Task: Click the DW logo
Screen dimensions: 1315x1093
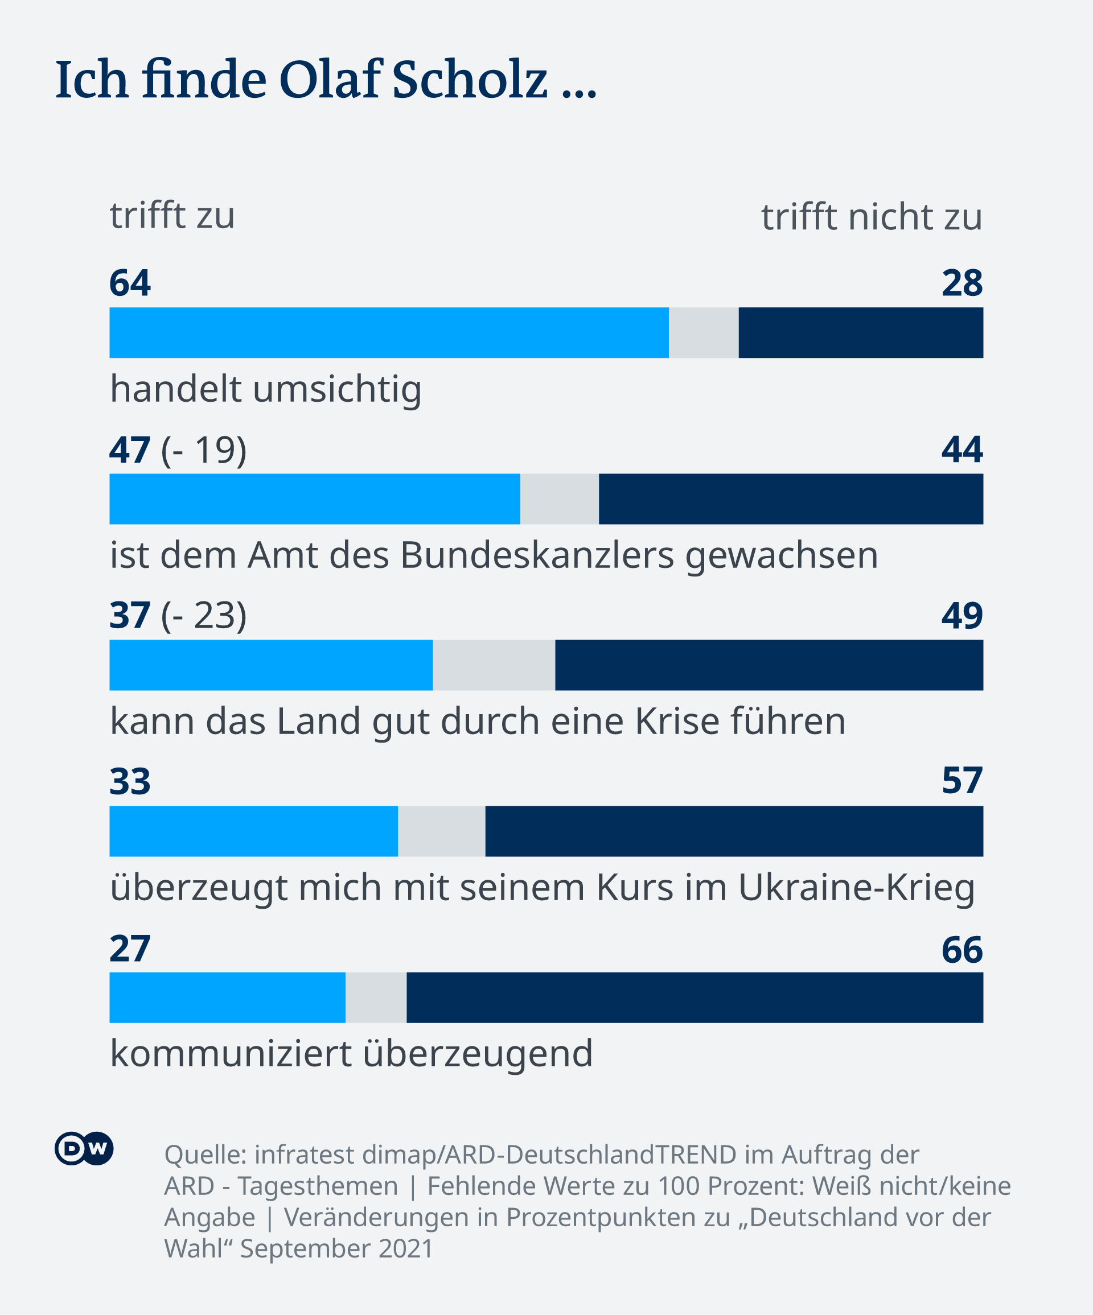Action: coord(84,1148)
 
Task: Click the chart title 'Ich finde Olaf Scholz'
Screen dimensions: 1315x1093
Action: coord(326,80)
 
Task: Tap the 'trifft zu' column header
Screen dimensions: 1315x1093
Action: coord(172,216)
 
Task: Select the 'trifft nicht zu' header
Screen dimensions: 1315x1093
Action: coord(871,217)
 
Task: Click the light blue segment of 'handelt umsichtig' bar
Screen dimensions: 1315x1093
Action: coord(388,332)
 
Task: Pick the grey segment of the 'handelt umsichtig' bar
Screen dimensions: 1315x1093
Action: coord(704,332)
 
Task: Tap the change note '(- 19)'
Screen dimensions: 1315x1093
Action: coord(204,450)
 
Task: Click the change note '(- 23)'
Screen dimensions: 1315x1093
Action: coord(204,616)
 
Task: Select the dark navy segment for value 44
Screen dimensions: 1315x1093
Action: coord(791,499)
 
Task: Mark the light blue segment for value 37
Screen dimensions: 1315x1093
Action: coord(270,665)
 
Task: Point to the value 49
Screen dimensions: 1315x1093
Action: coord(962,616)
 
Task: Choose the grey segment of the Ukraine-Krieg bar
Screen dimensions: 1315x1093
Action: coord(441,831)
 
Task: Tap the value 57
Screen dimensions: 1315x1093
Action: coord(962,781)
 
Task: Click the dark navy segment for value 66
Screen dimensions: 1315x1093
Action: coord(694,997)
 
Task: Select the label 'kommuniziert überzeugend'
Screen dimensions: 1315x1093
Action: coord(351,1053)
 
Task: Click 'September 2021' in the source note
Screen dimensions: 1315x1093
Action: coord(337,1247)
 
